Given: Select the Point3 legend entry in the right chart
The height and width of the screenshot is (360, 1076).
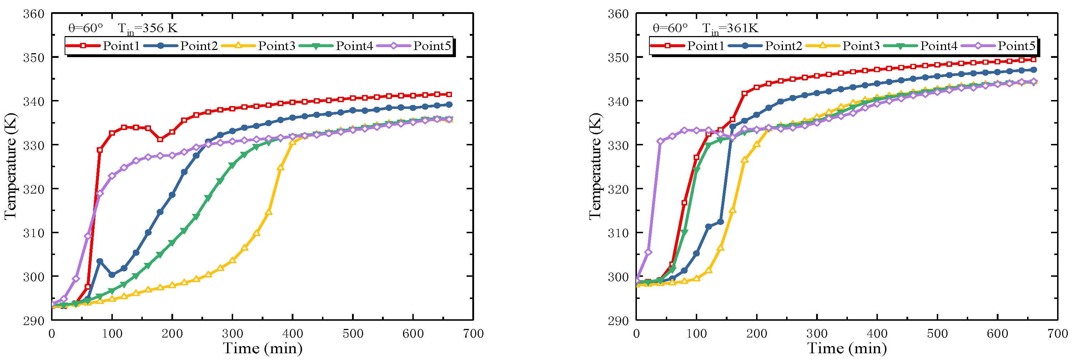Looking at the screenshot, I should click(x=860, y=46).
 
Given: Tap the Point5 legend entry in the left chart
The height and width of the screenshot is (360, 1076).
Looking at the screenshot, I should click(x=432, y=46).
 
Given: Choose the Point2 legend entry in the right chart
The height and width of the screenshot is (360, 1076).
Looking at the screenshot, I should click(x=783, y=46).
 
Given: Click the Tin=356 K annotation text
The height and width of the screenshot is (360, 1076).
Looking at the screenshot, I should click(x=147, y=29).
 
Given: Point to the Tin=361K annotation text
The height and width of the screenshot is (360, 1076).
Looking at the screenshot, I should click(x=730, y=29).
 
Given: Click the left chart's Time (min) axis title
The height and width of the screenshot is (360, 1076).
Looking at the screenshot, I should click(x=262, y=348).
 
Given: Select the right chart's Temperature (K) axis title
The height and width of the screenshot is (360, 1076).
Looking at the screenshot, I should click(x=595, y=166).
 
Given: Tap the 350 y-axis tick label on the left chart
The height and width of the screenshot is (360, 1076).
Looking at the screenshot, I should click(x=34, y=57).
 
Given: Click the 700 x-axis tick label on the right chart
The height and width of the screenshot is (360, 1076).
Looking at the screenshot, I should click(x=1057, y=334).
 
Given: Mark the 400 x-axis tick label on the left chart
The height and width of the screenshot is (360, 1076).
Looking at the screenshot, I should click(x=292, y=334).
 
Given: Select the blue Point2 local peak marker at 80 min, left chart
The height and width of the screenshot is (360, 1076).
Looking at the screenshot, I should click(x=100, y=261).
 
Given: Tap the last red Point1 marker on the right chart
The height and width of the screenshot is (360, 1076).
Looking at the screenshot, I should click(x=1034, y=59).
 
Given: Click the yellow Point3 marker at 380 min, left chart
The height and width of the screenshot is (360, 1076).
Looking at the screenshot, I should click(x=281, y=167).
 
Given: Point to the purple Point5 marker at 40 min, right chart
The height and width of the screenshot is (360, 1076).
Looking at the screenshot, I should click(x=660, y=141).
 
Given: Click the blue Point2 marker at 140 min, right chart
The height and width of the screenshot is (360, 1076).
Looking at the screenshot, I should click(x=720, y=222).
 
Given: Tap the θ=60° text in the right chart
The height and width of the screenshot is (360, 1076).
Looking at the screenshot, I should click(x=670, y=29).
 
